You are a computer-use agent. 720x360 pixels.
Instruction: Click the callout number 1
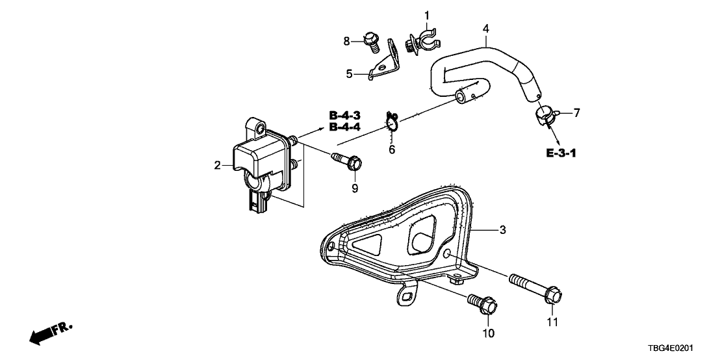click(427, 15)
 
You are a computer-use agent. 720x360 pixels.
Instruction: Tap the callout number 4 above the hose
click(485, 29)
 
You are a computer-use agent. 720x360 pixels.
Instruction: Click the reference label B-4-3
click(345, 116)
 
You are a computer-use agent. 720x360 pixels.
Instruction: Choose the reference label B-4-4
click(345, 127)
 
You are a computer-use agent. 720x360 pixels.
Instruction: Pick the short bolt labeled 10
click(482, 303)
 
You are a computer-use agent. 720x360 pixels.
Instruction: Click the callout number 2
click(218, 166)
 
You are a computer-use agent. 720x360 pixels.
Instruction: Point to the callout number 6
click(391, 150)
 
